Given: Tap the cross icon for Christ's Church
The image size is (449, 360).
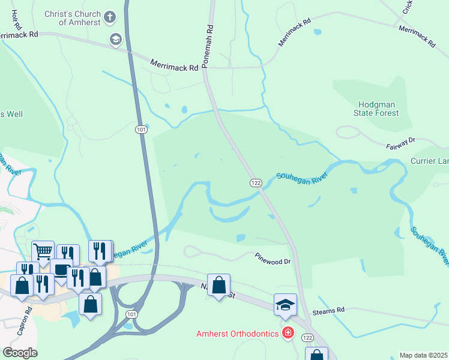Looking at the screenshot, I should tap(109, 17).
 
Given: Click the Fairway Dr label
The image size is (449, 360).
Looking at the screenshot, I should tap(402, 142).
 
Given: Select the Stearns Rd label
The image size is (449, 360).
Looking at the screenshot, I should tap(332, 310).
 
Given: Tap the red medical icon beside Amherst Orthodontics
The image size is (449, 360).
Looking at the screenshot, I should tap(288, 332).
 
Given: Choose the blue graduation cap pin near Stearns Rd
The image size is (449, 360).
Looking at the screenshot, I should tap(285, 304).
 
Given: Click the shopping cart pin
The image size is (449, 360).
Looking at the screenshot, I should tap(43, 251).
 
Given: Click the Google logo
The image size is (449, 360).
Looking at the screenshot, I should tap(20, 352).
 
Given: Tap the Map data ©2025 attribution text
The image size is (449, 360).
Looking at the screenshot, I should tap(423, 355).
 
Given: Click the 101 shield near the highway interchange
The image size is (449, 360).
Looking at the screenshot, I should tap(131, 314).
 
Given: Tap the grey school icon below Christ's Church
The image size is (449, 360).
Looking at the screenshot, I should tap(115, 40).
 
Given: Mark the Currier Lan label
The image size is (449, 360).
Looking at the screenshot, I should tap(429, 161).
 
